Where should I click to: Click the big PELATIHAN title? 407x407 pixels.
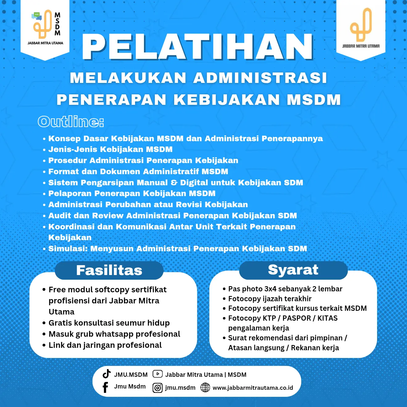pyautogui.click(x=198, y=47)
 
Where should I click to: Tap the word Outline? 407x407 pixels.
pyautogui.click(x=71, y=121)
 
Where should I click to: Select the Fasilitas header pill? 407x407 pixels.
pyautogui.click(x=109, y=270)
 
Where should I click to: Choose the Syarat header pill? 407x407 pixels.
pyautogui.click(x=293, y=270)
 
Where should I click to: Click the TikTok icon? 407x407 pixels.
pyautogui.click(x=107, y=374)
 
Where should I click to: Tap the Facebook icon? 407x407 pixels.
pyautogui.click(x=105, y=387)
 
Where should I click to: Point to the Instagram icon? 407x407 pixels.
pyautogui.click(x=158, y=388)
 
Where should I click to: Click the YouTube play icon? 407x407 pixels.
pyautogui.click(x=158, y=374)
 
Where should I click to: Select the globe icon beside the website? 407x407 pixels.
pyautogui.click(x=205, y=388)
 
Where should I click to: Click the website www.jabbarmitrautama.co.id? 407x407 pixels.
pyautogui.click(x=253, y=388)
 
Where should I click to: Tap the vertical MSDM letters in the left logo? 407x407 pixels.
pyautogui.click(x=57, y=24)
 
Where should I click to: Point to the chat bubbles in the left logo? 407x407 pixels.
pyautogui.click(x=37, y=16)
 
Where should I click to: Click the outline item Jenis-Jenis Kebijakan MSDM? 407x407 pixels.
pyautogui.click(x=110, y=150)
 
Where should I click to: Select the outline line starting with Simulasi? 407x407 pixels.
pyautogui.click(x=178, y=249)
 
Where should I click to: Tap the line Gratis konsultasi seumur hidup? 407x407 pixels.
pyautogui.click(x=109, y=323)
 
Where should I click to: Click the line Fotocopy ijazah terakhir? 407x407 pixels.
pyautogui.click(x=270, y=298)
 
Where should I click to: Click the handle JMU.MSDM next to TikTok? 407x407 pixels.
pyautogui.click(x=131, y=375)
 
